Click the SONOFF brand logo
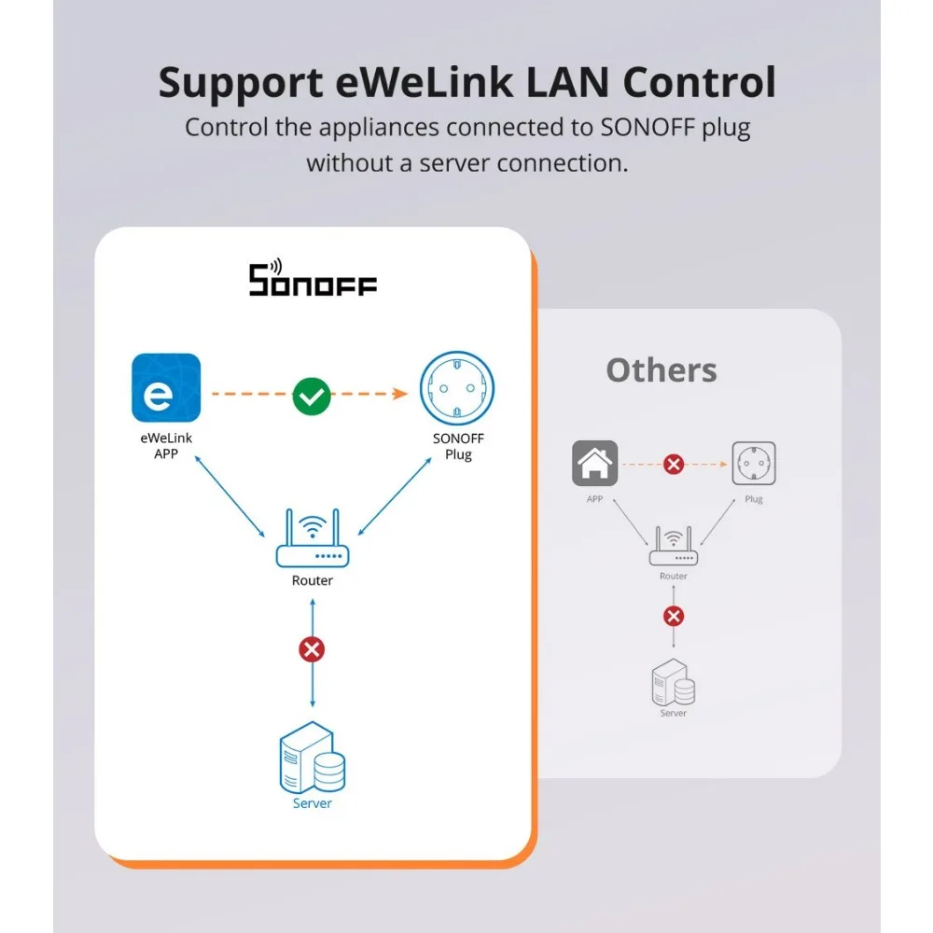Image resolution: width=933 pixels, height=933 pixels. point(313,279)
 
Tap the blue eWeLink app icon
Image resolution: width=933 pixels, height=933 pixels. point(166,388)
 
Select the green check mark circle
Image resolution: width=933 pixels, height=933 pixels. point(311,396)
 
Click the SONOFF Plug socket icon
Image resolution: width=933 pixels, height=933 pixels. point(457,391)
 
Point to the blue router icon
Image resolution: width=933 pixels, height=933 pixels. point(312,540)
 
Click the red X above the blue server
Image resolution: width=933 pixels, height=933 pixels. point(312,650)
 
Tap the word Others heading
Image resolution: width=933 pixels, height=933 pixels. point(661,370)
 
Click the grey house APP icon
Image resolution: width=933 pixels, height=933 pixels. point(594,464)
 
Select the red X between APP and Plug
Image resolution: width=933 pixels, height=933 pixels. point(674,464)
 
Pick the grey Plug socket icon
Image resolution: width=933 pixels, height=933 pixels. point(754,464)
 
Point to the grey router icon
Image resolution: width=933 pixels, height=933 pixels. point(674,548)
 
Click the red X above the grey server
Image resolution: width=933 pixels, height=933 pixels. point(674,617)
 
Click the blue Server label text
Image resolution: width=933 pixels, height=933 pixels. point(312,803)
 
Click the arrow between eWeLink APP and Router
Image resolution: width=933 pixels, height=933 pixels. point(229,500)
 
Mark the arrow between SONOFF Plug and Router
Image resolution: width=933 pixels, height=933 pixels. point(396,500)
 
